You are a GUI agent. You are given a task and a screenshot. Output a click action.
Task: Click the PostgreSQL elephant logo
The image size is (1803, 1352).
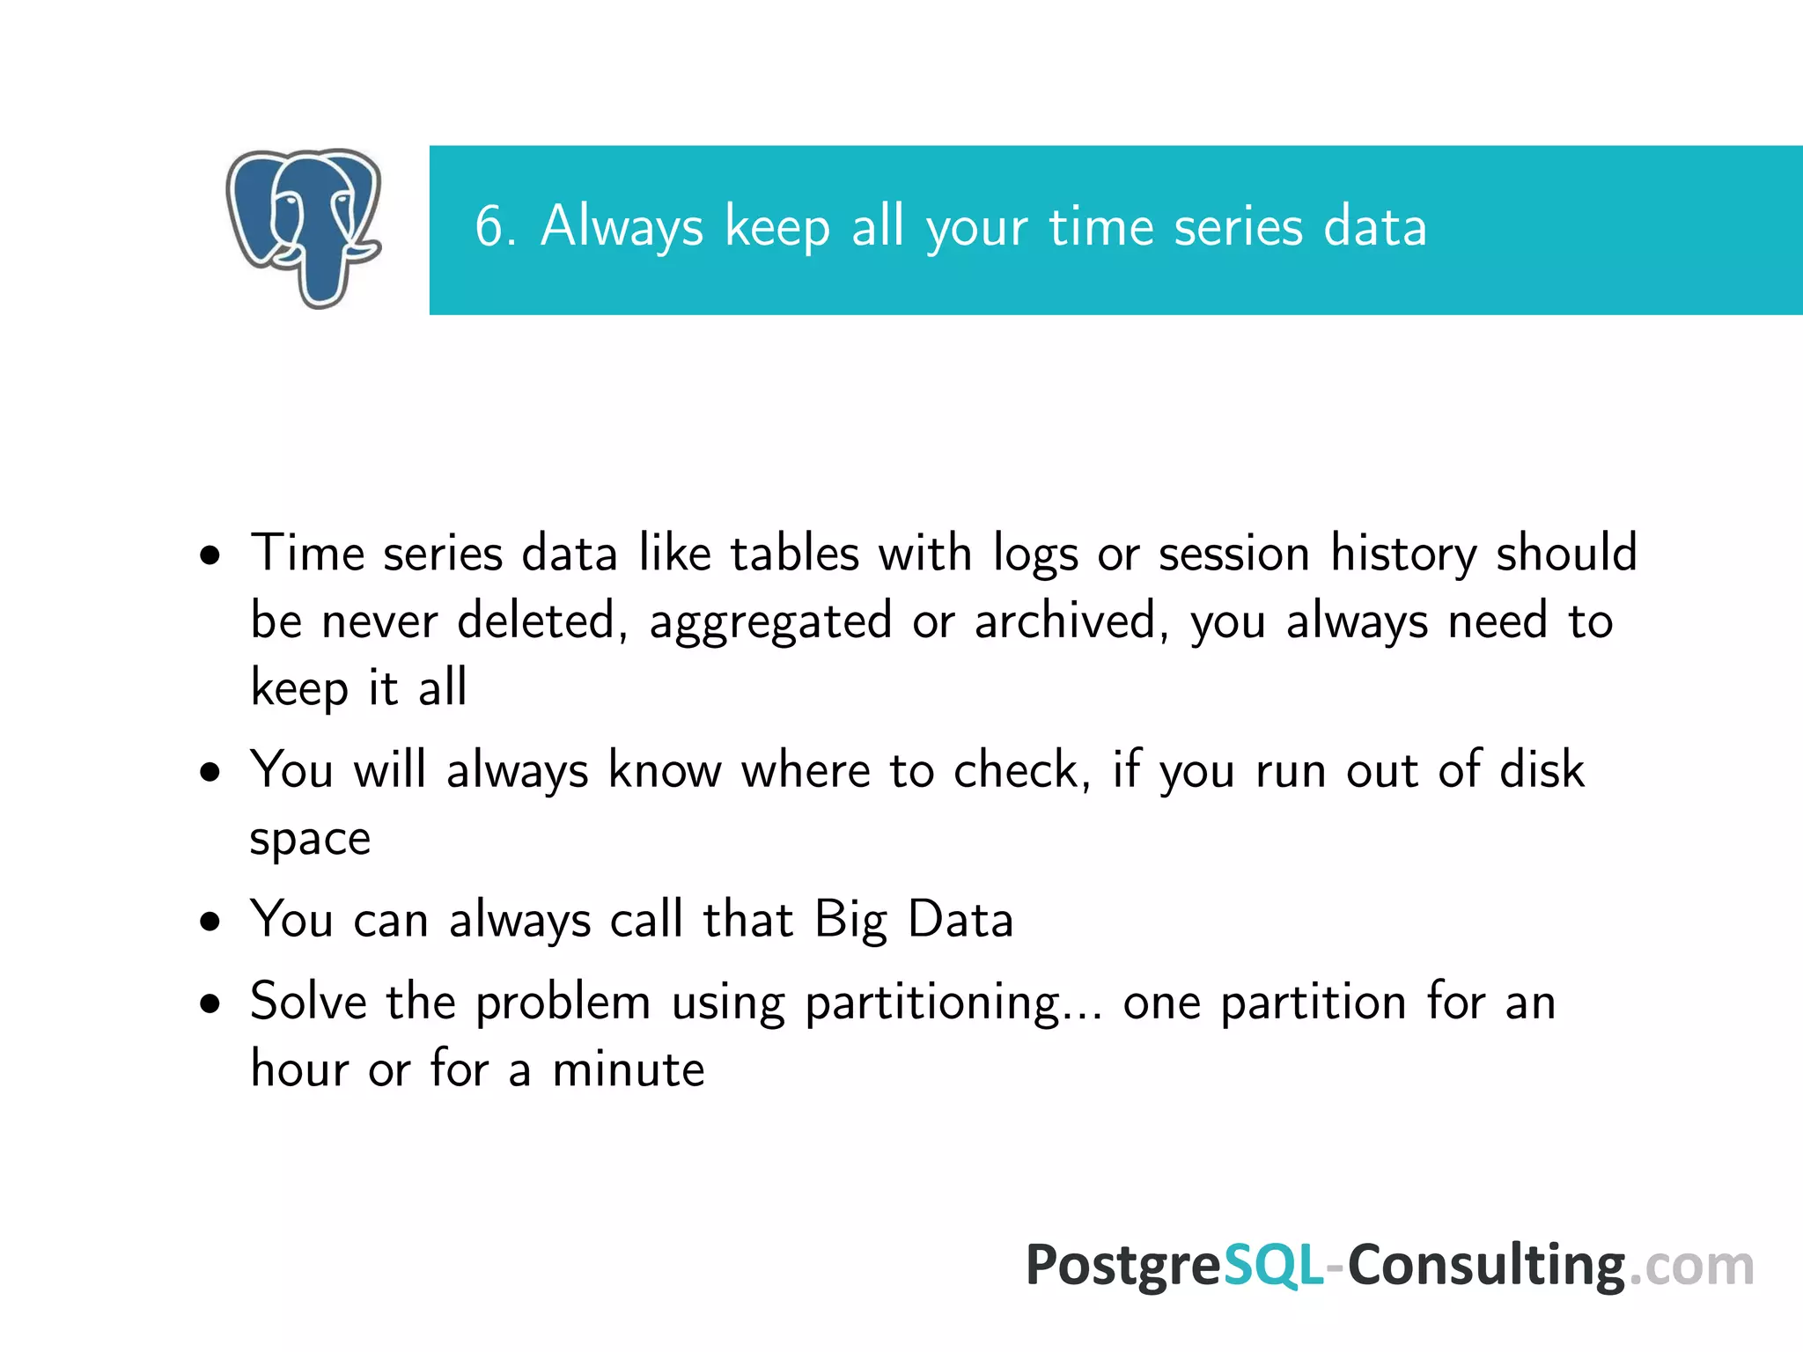(x=304, y=227)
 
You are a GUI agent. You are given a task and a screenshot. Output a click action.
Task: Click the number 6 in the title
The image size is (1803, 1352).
(x=489, y=226)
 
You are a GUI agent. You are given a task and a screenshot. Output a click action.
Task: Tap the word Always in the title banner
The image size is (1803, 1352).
(x=622, y=226)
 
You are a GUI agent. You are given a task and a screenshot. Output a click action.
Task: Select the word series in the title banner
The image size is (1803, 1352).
(x=1238, y=226)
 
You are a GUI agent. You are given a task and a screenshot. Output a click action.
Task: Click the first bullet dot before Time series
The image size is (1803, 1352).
(x=210, y=556)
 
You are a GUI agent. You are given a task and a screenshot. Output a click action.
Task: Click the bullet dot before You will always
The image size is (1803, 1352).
(x=210, y=773)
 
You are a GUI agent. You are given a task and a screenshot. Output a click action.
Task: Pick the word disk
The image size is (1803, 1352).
(x=1542, y=769)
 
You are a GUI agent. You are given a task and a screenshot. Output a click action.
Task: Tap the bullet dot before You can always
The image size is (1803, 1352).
(x=210, y=922)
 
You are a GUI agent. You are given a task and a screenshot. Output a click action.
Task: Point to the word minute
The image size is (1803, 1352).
(x=628, y=1070)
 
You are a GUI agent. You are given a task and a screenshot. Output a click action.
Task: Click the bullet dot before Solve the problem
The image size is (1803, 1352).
(x=210, y=1004)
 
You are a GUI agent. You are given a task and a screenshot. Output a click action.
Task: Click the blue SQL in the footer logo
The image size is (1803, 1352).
(x=1273, y=1266)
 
